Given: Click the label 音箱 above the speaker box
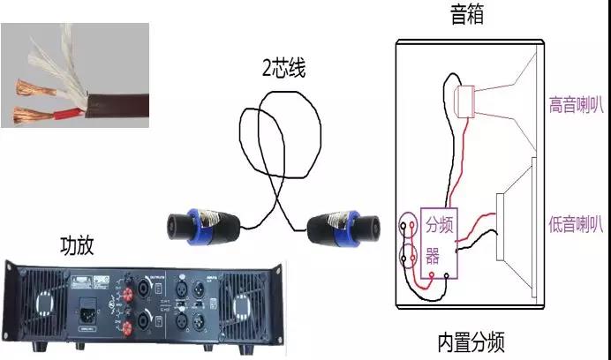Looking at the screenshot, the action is point(467,15).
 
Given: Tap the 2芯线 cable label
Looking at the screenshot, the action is point(283,68).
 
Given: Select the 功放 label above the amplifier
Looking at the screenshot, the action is point(77,245).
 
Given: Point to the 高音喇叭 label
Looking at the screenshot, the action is point(576,104).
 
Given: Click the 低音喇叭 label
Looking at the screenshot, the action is point(576,224).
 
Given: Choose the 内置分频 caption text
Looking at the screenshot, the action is point(471,342).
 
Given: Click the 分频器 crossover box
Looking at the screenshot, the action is point(439,243).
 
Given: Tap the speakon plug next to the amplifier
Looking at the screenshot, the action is point(203,227).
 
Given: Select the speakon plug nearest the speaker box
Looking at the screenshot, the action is point(343,229).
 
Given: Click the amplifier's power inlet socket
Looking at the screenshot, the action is point(89,310).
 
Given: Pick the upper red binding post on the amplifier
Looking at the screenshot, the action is point(128,293).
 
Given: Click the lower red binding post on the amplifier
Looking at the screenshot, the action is point(127,328).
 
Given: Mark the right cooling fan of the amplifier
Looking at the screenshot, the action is point(242,304).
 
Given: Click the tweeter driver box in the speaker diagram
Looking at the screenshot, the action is point(465,101).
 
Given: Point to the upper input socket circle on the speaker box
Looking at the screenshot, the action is point(408,225).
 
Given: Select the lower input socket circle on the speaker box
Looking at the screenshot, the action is point(408,257).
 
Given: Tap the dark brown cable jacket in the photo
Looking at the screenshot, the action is point(117,105).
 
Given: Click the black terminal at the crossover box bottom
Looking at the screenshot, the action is point(447,276).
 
